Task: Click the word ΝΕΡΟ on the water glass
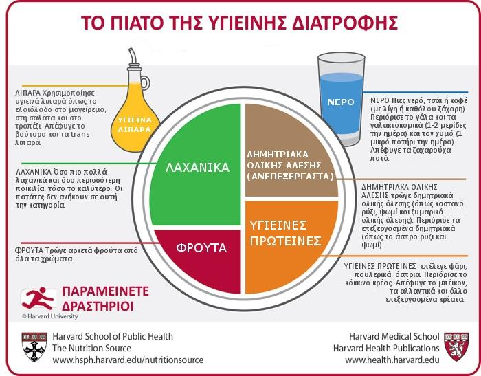click(341, 102)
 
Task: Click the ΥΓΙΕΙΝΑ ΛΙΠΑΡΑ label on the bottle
click(135, 124)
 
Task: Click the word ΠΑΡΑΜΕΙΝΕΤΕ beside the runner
click(106, 291)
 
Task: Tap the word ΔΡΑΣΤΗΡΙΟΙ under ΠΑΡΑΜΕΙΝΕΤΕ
click(98, 307)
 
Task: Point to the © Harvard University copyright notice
click(49, 316)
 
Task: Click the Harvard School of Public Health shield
click(34, 347)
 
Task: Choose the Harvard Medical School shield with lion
click(456, 346)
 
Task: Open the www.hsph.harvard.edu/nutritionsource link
click(128, 360)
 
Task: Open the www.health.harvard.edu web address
click(392, 360)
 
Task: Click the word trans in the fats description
click(80, 135)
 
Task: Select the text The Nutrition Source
click(91, 348)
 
